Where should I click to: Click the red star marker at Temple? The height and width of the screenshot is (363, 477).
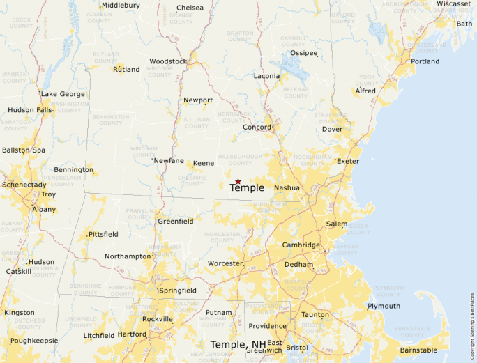click(238, 181)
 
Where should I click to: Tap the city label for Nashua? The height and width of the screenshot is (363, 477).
click(287, 188)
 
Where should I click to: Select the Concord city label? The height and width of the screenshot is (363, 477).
click(257, 128)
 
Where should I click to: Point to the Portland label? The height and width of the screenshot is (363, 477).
click(425, 61)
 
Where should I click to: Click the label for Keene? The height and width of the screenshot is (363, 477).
click(204, 163)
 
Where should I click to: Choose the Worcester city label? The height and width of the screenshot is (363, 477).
click(225, 263)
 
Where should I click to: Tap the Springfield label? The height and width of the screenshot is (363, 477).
click(178, 291)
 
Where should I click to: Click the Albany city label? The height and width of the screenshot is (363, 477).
click(44, 209)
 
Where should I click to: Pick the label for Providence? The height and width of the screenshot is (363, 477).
click(267, 326)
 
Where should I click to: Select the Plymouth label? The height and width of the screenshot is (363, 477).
click(384, 306)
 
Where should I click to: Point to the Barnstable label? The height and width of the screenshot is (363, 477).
click(418, 350)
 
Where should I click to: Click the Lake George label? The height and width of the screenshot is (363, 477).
click(63, 94)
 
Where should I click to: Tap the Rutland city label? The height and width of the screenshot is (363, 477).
click(126, 70)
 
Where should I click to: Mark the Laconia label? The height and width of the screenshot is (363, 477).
click(266, 76)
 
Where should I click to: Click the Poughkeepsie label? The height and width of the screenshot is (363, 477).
click(34, 341)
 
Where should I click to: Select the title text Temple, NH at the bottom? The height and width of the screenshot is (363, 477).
click(238, 344)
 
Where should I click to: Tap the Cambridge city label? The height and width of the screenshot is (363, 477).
click(301, 245)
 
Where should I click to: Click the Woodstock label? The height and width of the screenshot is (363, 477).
click(168, 61)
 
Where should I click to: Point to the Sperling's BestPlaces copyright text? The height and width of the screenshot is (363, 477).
click(472, 320)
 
